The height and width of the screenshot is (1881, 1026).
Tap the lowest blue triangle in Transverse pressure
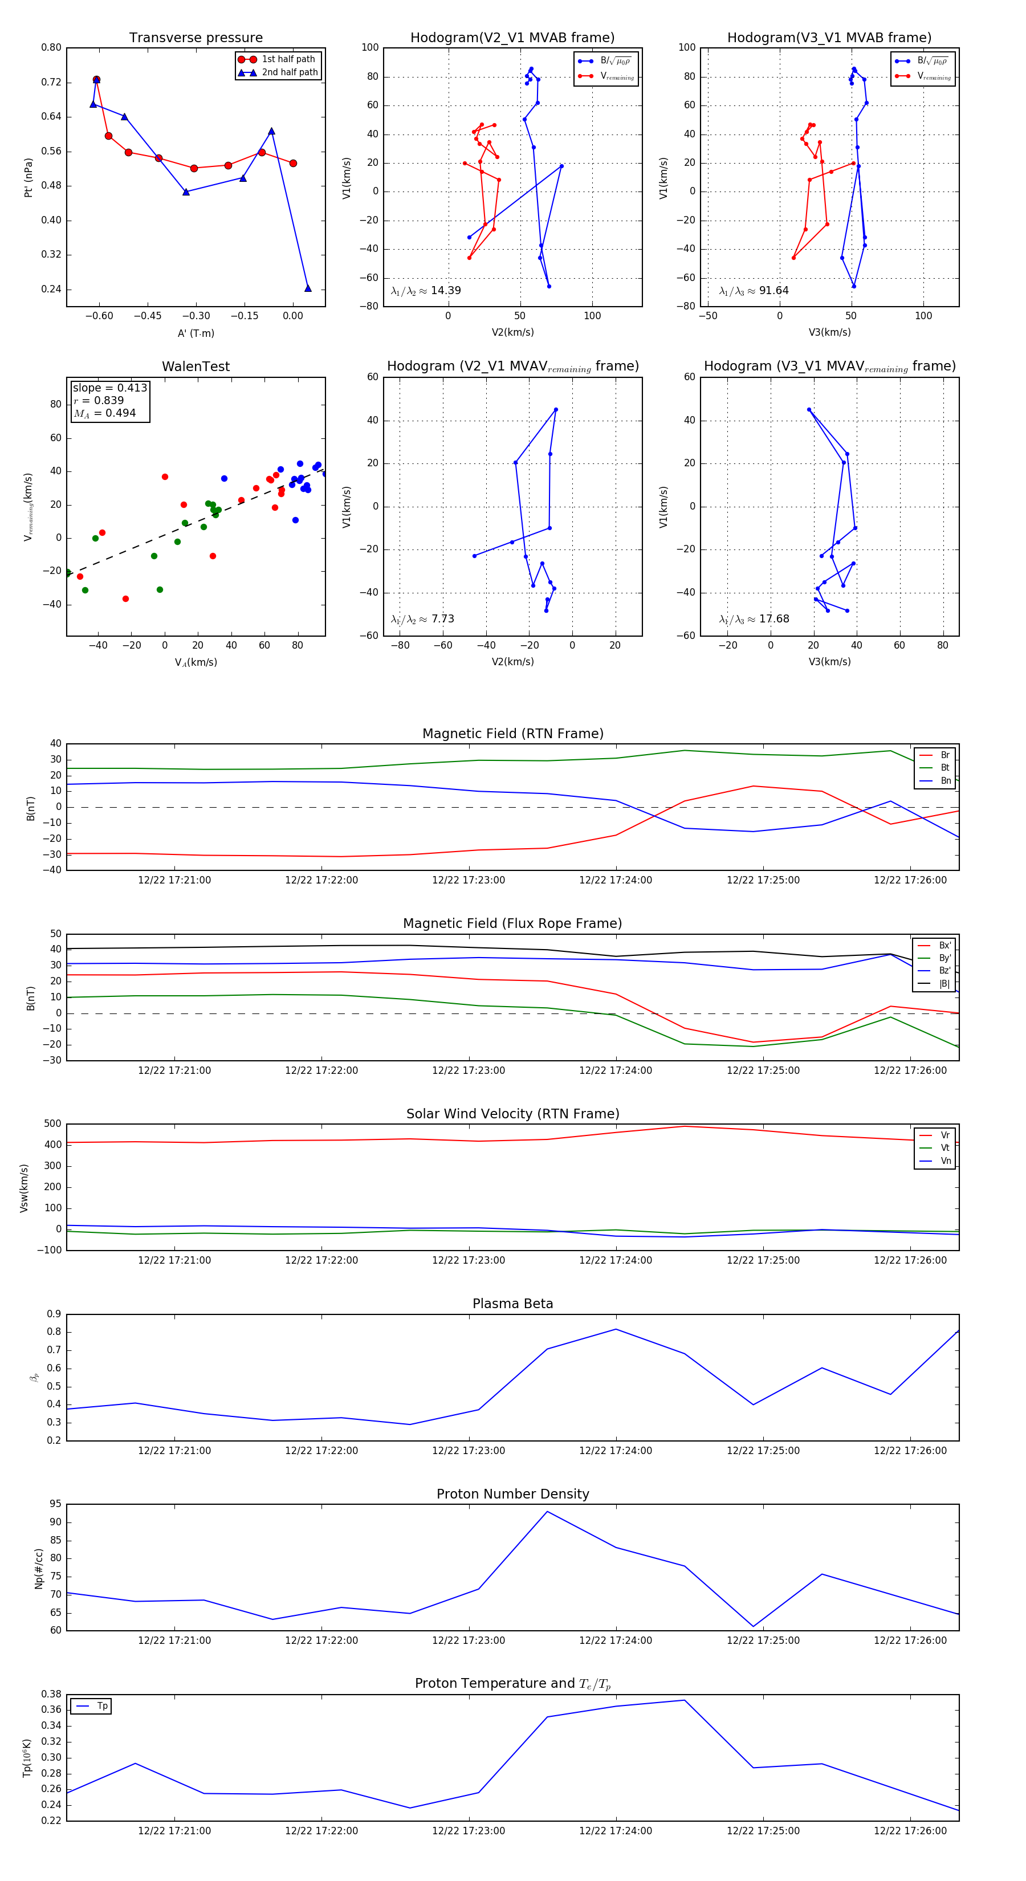point(307,288)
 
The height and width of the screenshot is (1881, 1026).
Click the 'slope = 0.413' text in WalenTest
point(109,388)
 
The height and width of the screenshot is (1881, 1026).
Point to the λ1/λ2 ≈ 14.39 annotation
point(426,291)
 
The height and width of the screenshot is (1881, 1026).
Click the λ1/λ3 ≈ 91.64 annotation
point(754,291)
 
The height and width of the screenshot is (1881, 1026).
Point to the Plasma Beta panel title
point(512,1304)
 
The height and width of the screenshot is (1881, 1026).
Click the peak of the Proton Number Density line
point(547,1512)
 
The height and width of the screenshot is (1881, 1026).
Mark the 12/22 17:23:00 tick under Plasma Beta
point(468,1451)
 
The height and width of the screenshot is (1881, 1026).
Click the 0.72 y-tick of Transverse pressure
point(51,82)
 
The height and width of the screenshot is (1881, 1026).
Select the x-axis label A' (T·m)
point(196,333)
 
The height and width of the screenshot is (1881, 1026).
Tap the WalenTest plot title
point(196,367)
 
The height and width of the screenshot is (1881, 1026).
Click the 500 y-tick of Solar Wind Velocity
point(52,1124)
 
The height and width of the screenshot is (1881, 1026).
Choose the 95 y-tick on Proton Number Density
point(55,1504)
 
